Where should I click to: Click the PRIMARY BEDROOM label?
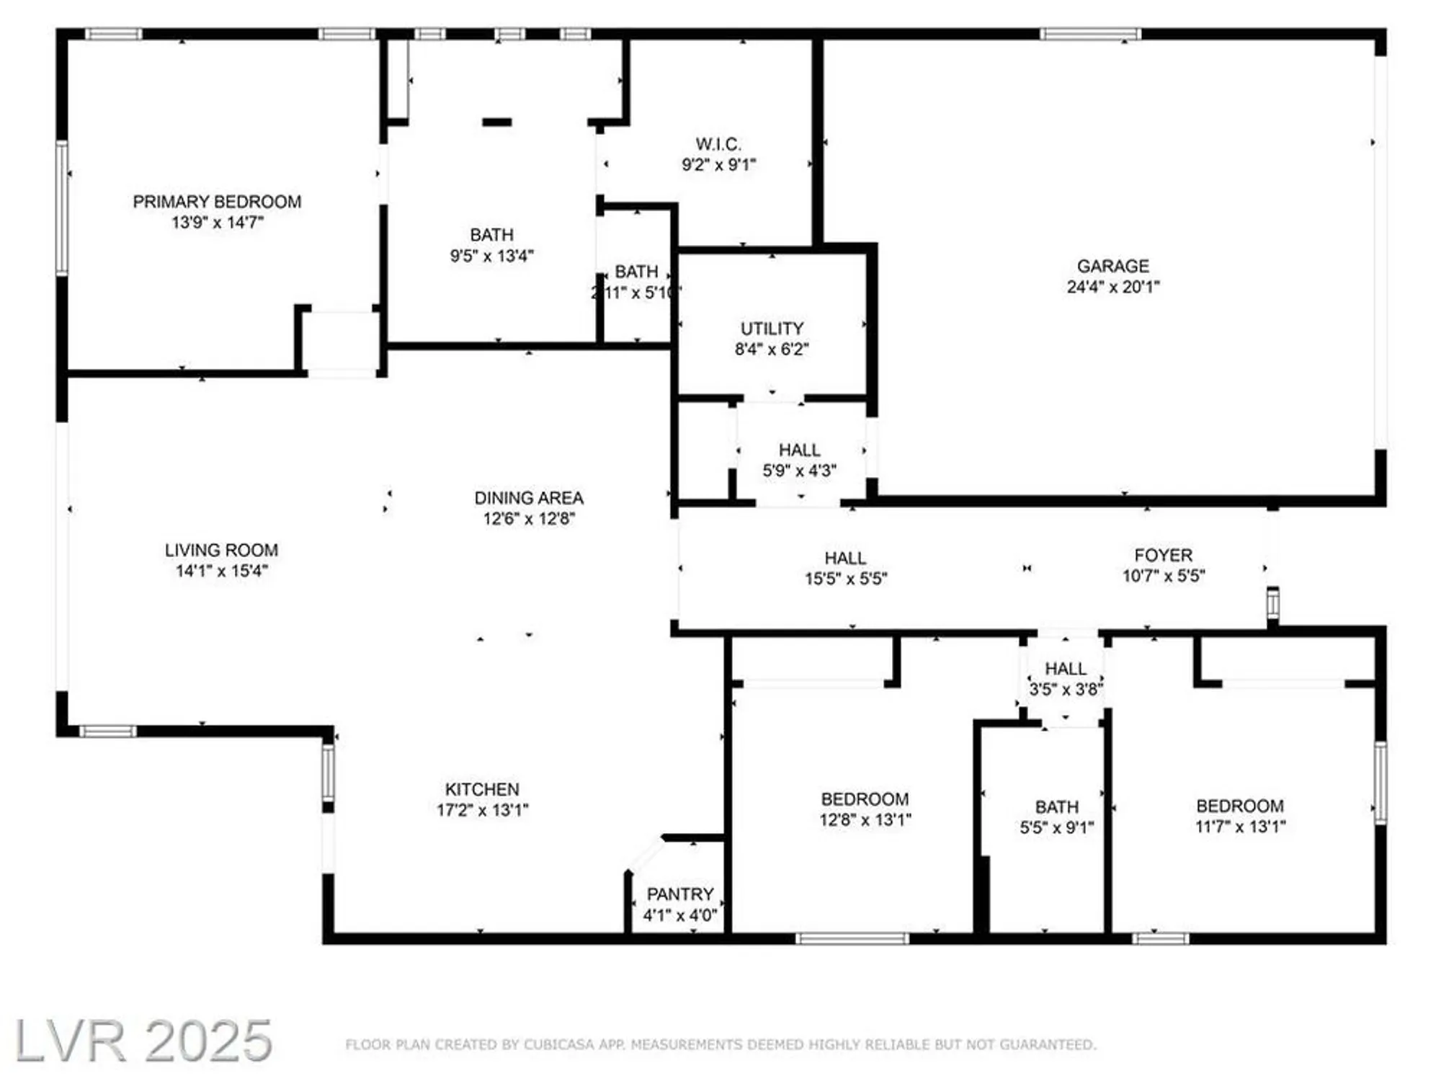pyautogui.click(x=217, y=202)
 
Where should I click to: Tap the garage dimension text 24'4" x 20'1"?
pyautogui.click(x=1112, y=287)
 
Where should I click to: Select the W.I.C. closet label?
pyautogui.click(x=718, y=144)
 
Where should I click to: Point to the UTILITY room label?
pyautogui.click(x=772, y=329)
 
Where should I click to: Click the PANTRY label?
pyautogui.click(x=679, y=894)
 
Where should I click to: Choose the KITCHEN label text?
pyautogui.click(x=481, y=789)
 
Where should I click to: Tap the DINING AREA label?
pyautogui.click(x=529, y=498)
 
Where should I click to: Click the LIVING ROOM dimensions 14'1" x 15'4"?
pyautogui.click(x=222, y=571)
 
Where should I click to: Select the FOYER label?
pyautogui.click(x=1163, y=555)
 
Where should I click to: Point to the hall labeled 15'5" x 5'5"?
pyautogui.click(x=845, y=569)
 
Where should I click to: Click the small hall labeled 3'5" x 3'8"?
pyautogui.click(x=1065, y=679)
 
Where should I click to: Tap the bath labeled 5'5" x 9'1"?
pyautogui.click(x=1056, y=817)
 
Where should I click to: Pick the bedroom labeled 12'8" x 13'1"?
pyautogui.click(x=865, y=809)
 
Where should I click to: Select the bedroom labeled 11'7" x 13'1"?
pyautogui.click(x=1239, y=816)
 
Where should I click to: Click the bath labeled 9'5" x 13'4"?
pyautogui.click(x=491, y=245)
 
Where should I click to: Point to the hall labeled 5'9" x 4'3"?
pyautogui.click(x=799, y=460)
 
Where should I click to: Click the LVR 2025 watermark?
pyautogui.click(x=143, y=1041)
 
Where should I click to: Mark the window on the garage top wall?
pyautogui.click(x=1089, y=34)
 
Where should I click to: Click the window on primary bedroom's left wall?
pyautogui.click(x=62, y=208)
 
